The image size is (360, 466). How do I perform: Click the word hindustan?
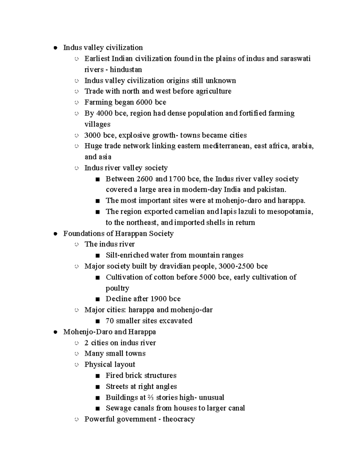pyautogui.click(x=126, y=70)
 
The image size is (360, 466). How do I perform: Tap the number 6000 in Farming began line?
pyautogui.click(x=144, y=102)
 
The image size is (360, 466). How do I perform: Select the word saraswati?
pyautogui.click(x=295, y=59)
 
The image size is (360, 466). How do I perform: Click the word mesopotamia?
pyautogui.click(x=290, y=212)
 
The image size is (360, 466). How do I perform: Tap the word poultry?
pyautogui.click(x=117, y=288)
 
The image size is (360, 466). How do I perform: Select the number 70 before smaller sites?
pyautogui.click(x=109, y=321)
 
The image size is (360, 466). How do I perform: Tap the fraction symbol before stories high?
pyautogui.click(x=151, y=398)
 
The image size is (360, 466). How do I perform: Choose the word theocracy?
pyautogui.click(x=179, y=419)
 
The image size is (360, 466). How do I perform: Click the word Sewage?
pyautogui.click(x=118, y=408)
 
